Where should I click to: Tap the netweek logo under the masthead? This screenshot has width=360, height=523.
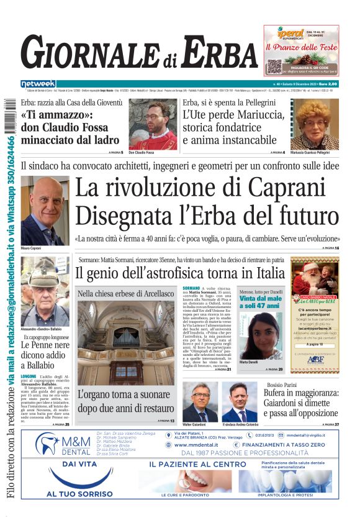tap(38, 84)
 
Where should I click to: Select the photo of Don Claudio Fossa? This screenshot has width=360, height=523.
tap(153, 124)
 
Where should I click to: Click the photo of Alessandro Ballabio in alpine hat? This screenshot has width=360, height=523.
tap(45, 291)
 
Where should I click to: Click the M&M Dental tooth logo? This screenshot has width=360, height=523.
tap(48, 443)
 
